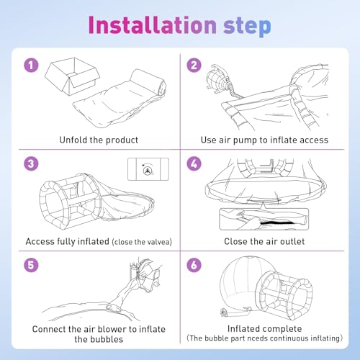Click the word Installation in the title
click(x=153, y=24)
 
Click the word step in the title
click(x=247, y=27)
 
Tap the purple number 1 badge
click(x=31, y=65)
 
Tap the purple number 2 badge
click(x=194, y=65)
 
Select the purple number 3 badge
click(x=31, y=163)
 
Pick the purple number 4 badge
click(x=194, y=163)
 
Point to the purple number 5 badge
click(x=31, y=265)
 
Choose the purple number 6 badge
click(x=194, y=265)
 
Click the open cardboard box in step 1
click(x=73, y=76)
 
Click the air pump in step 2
click(x=218, y=79)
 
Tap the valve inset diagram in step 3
click(x=148, y=169)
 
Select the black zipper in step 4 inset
click(x=277, y=223)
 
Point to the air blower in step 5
click(x=146, y=272)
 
